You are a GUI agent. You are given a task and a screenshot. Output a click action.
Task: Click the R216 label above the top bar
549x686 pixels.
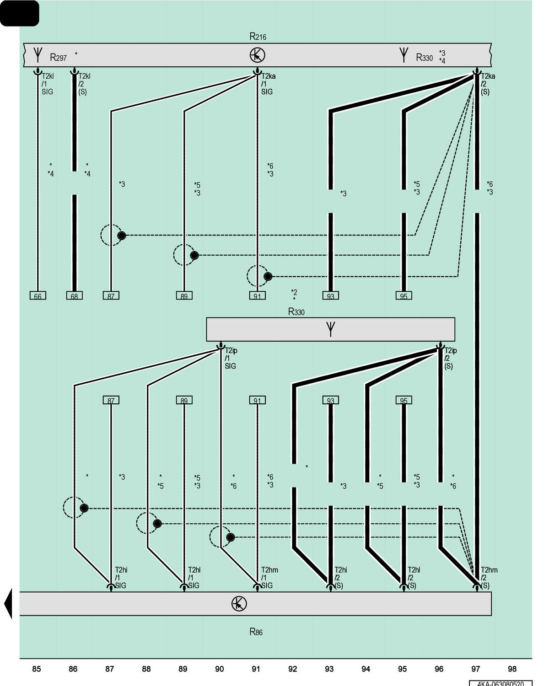pyautogui.click(x=258, y=37)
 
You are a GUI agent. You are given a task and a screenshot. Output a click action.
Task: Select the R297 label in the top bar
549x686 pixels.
pyautogui.click(x=58, y=57)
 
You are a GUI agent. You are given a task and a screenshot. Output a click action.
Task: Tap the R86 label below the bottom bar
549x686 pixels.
pyautogui.click(x=256, y=632)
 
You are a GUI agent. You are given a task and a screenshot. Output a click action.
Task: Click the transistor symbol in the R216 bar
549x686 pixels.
pyautogui.click(x=257, y=55)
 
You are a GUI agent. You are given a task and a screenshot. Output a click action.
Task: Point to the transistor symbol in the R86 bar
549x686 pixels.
pyautogui.click(x=239, y=603)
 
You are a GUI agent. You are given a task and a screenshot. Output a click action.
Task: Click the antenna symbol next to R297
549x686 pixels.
pyautogui.click(x=38, y=55)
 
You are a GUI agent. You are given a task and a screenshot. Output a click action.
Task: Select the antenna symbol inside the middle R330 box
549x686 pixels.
pyautogui.click(x=330, y=329)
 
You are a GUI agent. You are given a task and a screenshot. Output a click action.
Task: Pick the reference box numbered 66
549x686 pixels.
pyautogui.click(x=38, y=295)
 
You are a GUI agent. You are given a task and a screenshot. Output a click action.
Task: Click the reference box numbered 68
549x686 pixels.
pyautogui.click(x=74, y=295)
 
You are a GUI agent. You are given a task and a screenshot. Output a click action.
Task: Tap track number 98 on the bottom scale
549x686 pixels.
pyautogui.click(x=512, y=669)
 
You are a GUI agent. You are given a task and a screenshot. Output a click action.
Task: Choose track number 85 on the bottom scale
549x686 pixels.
pyautogui.click(x=36, y=669)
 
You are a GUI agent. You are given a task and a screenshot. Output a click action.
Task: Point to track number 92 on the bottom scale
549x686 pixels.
pyautogui.click(x=292, y=669)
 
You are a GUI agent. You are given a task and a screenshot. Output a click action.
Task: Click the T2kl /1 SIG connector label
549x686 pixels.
pyautogui.click(x=48, y=84)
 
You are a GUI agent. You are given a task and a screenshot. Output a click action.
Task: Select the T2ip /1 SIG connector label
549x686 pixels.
pyautogui.click(x=231, y=358)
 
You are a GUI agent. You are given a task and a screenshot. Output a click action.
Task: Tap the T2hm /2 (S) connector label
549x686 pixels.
pyautogui.click(x=489, y=578)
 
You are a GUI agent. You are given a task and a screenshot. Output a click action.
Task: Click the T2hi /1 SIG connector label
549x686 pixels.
pyautogui.click(x=121, y=578)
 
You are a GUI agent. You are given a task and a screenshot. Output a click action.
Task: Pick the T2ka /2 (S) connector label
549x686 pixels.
pyautogui.click(x=488, y=84)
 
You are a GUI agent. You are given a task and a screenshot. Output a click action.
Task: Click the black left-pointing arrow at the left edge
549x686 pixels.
pyautogui.click(x=8, y=603)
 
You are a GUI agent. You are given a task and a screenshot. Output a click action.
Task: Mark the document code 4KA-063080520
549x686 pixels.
pyautogui.click(x=500, y=683)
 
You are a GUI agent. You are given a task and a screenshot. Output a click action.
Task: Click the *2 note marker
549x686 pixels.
pyautogui.click(x=294, y=292)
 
